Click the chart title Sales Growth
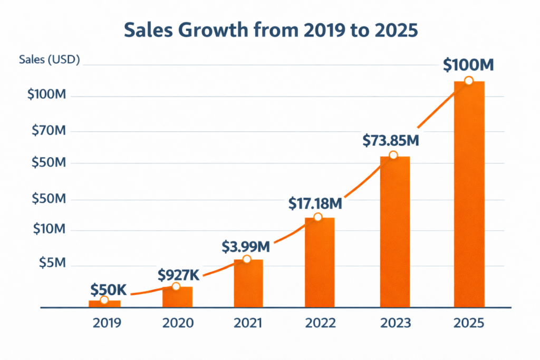[270, 30]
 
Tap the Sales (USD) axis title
[49, 60]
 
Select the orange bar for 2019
[104, 304]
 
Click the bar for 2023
[394, 232]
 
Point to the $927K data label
[179, 275]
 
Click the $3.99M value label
[246, 246]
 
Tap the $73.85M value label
[391, 141]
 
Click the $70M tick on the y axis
[49, 131]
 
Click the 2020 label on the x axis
[178, 323]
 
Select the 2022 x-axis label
[320, 323]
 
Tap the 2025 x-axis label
[468, 323]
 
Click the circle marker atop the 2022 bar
[317, 217]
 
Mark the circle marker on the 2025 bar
[468, 81]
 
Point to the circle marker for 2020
[176, 286]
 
